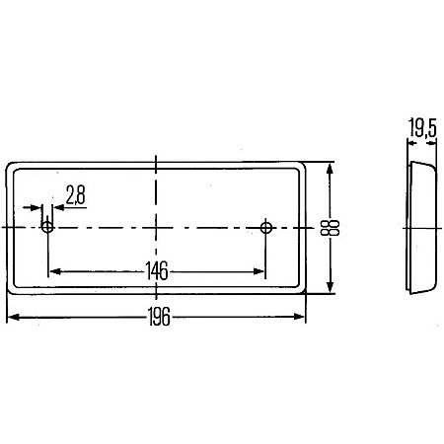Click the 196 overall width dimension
point(159,317)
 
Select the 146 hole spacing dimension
point(157,271)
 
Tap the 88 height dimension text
point(330,228)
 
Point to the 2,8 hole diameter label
point(75,194)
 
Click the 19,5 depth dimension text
point(422,127)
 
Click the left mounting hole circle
point(47,227)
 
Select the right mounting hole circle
point(265,227)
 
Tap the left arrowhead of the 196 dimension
point(13,317)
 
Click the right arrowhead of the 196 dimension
point(299,317)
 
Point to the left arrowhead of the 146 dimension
point(55,271)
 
